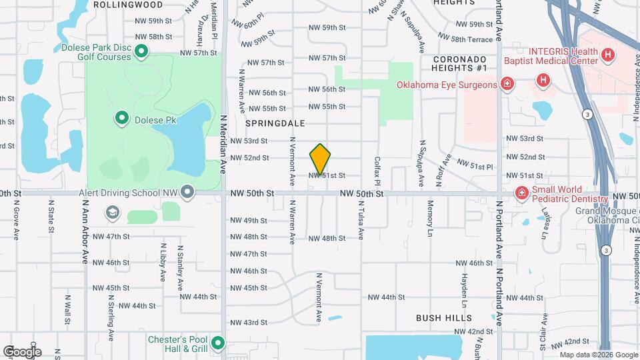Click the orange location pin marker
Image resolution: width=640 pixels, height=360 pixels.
coord(320,159)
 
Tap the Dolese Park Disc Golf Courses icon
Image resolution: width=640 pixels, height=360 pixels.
coord(141,51)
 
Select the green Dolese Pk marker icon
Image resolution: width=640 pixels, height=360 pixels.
coord(122,119)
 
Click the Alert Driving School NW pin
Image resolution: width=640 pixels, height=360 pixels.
coord(188,193)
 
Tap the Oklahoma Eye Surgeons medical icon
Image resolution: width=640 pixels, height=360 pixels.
coord(507,84)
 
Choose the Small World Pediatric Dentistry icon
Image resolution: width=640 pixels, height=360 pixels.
coord(521,193)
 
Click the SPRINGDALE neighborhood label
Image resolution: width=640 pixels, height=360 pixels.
coord(275,123)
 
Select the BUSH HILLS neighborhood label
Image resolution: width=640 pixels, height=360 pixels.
coord(443,318)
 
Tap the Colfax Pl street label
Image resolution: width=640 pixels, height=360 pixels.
coord(377,171)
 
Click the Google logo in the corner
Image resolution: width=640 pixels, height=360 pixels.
coord(22,351)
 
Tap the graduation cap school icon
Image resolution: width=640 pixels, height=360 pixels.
coord(112,213)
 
